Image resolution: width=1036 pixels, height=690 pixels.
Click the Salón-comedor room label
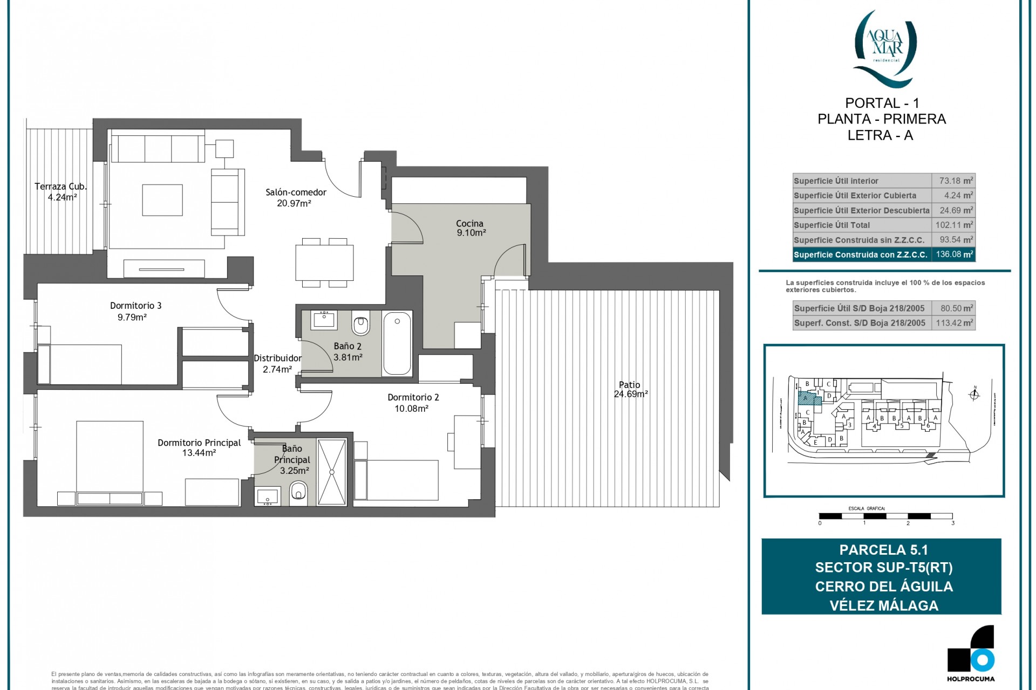tap(296, 192)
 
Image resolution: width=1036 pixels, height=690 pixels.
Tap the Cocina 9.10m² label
tap(470, 228)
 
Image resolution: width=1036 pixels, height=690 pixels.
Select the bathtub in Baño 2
tap(397, 343)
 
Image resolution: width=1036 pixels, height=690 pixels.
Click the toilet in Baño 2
tap(360, 325)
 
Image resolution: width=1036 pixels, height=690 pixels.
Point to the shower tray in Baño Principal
tap(331, 472)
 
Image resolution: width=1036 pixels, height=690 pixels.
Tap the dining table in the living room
tap(324, 262)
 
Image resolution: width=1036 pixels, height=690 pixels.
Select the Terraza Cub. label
tap(61, 187)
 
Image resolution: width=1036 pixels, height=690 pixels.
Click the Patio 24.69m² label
tap(630, 389)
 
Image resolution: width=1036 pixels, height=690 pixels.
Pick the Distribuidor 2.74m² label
tap(277, 363)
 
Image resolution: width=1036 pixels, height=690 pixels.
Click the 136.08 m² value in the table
tap(953, 254)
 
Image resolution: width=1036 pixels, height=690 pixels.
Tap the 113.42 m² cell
tap(953, 323)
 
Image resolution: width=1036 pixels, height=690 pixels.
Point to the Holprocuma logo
tap(971, 652)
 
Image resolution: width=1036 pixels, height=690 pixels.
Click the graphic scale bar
tap(885, 516)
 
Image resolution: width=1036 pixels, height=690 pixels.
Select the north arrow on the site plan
tap(974, 395)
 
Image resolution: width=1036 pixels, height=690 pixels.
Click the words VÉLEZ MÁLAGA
tap(883, 605)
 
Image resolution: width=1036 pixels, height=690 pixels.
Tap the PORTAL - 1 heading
tap(882, 103)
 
